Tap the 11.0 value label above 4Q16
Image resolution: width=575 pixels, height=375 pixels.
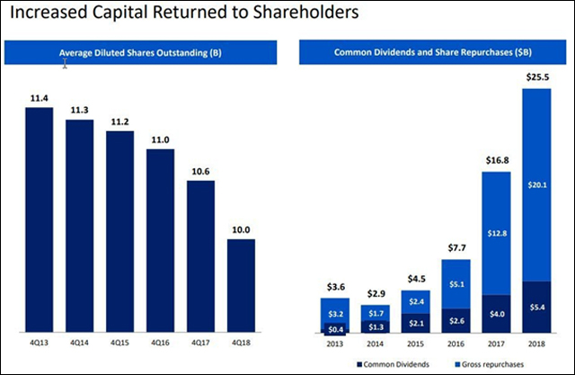160,138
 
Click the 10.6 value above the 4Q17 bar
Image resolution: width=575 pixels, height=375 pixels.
201,170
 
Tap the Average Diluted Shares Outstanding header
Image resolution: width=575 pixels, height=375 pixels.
140,52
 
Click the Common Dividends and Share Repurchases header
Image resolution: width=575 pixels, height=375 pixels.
435,52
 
